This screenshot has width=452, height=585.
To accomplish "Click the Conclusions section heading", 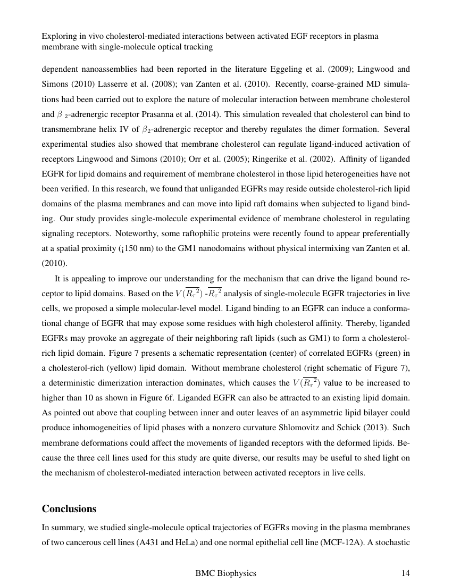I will tap(69, 509).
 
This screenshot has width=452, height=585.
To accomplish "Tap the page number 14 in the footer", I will tap(406, 573).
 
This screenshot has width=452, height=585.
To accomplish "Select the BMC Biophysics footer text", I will tap(225, 573).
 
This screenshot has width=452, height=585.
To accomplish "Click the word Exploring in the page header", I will tap(59, 36).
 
